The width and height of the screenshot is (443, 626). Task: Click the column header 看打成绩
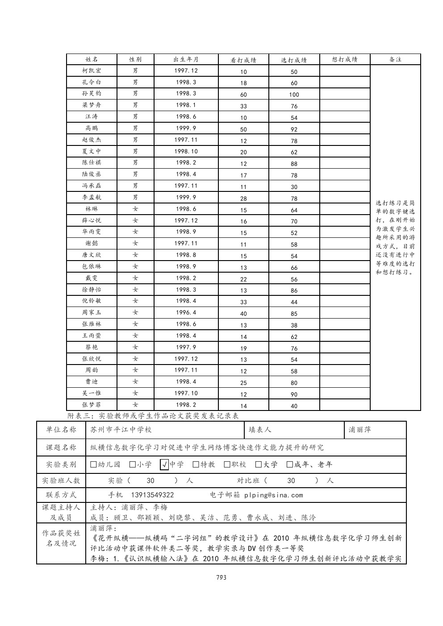pyautogui.click(x=243, y=60)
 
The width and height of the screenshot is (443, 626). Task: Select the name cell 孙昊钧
pyautogui.click(x=92, y=94)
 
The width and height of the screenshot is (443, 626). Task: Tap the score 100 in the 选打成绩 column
pyautogui.click(x=294, y=95)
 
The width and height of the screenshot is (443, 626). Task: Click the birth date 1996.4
pyautogui.click(x=186, y=313)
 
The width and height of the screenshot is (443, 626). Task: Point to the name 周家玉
pyautogui.click(x=92, y=313)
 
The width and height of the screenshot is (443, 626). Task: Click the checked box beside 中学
pyautogui.click(x=164, y=465)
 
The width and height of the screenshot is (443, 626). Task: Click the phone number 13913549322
pyautogui.click(x=152, y=495)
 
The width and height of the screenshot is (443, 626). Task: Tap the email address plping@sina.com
pyautogui.click(x=273, y=495)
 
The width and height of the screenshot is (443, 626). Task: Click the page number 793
pyautogui.click(x=221, y=577)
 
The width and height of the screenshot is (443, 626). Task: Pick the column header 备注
pyautogui.click(x=395, y=59)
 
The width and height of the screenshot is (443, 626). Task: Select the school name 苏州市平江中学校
pyautogui.click(x=121, y=430)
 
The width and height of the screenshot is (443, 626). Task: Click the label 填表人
pyautogui.click(x=260, y=430)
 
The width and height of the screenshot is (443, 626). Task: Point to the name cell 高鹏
pyautogui.click(x=92, y=129)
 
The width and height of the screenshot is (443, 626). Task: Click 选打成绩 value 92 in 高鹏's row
pyautogui.click(x=294, y=129)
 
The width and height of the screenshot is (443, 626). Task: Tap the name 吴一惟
pyautogui.click(x=92, y=394)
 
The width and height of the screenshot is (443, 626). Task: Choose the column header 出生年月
pyautogui.click(x=186, y=59)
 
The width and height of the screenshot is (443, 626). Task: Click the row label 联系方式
pyautogui.click(x=61, y=495)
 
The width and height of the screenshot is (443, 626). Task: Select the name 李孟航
pyautogui.click(x=92, y=198)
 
